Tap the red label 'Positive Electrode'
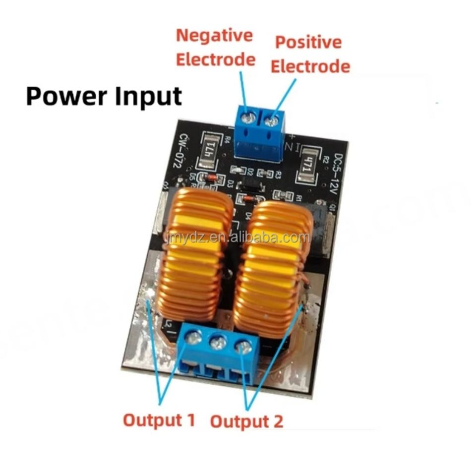tap(310, 54)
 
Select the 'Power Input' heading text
tap(104, 96)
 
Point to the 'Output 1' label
tap(159, 420)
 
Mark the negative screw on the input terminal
tap(249, 118)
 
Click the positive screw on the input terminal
tap(272, 120)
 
